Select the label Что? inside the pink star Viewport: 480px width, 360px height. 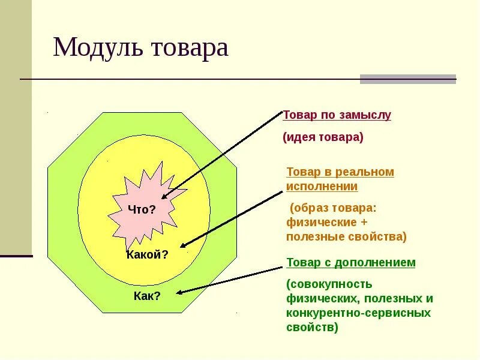[x=142, y=209]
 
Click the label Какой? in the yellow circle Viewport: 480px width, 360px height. [x=148, y=254]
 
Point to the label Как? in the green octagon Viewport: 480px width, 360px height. [x=147, y=296]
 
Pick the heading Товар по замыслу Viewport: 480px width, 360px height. [x=337, y=115]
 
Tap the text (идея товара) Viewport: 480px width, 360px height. [x=323, y=137]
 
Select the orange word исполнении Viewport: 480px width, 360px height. [x=322, y=186]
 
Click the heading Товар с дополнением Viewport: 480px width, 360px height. [x=351, y=263]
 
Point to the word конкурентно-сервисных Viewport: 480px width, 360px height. [x=358, y=313]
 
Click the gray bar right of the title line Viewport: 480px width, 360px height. [x=407, y=79]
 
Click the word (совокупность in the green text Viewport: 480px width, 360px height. [x=329, y=284]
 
